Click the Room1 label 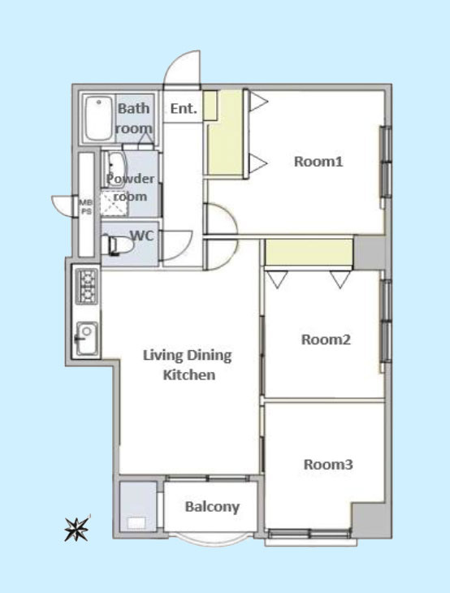tap(318, 162)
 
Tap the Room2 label tap(326, 340)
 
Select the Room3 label tap(328, 464)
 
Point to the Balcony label tap(212, 507)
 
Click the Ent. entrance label tap(184, 109)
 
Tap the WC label tap(142, 236)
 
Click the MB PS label tap(86, 207)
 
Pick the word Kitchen tap(189, 374)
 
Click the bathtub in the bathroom tap(98, 119)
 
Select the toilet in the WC tap(117, 245)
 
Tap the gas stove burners tap(87, 286)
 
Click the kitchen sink tap(87, 338)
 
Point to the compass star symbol tap(77, 529)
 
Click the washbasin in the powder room tap(114, 170)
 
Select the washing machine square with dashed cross tap(115, 203)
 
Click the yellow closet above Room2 tap(309, 253)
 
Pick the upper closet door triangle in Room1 tap(259, 102)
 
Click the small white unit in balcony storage tap(136, 523)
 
